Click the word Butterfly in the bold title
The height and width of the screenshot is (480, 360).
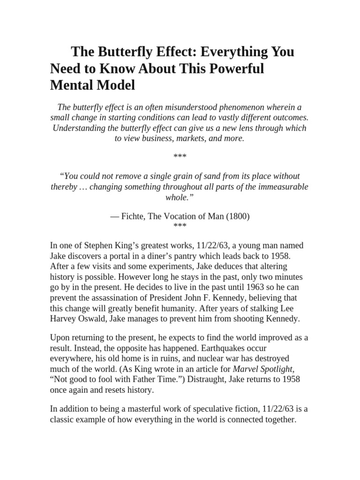123,51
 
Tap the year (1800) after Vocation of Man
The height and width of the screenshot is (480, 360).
237,216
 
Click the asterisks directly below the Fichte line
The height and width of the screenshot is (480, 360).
180,226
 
